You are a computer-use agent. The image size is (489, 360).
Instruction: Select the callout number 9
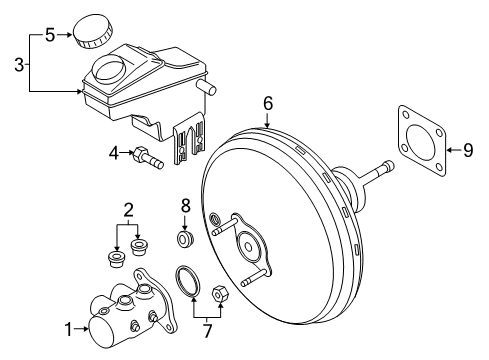pyautogui.click(x=468, y=150)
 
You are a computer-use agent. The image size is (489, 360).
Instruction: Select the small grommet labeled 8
pyautogui.click(x=184, y=241)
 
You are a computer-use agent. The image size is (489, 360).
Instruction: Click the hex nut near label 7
pyautogui.click(x=222, y=294)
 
